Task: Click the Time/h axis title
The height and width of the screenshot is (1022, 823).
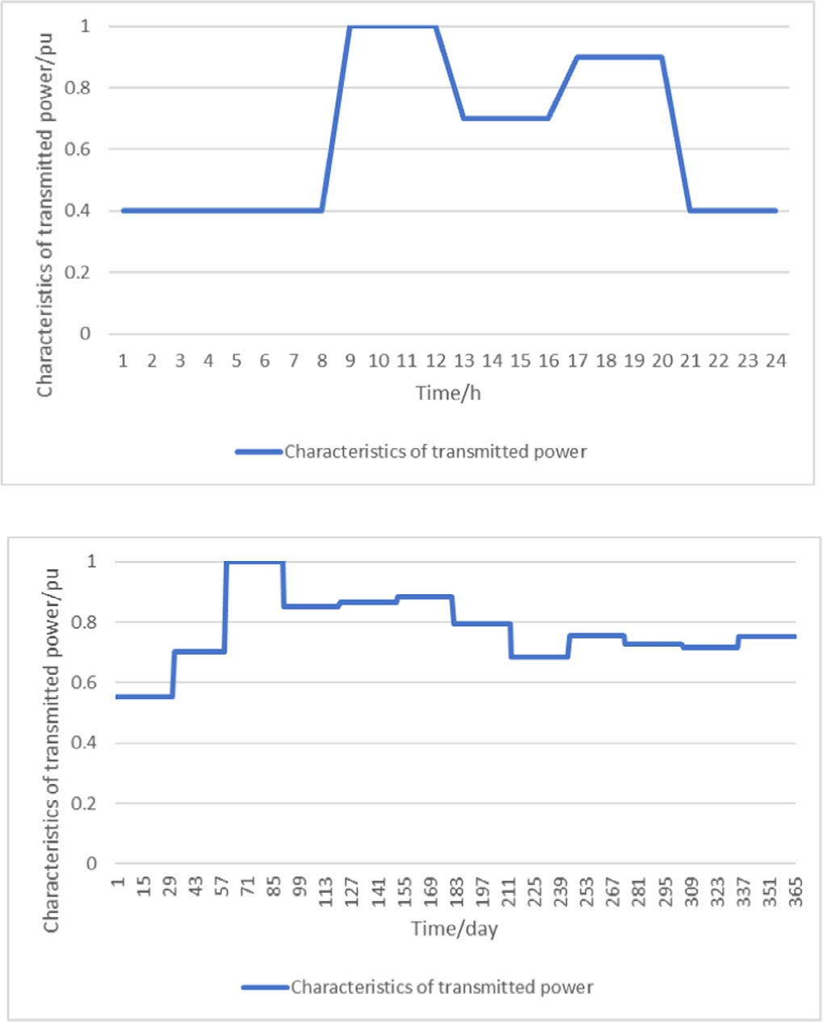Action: (448, 393)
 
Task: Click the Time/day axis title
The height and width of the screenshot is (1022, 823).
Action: (454, 928)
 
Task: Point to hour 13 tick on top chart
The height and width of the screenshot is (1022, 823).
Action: (464, 360)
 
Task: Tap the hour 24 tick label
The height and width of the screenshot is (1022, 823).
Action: (775, 360)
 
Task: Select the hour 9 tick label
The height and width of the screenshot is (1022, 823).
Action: (350, 360)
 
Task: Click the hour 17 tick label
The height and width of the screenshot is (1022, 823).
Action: (577, 360)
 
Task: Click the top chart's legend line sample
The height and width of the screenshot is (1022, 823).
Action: (258, 452)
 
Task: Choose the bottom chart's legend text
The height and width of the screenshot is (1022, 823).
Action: (442, 987)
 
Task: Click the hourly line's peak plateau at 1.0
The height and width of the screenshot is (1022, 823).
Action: (393, 27)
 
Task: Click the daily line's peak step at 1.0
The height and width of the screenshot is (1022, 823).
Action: (254, 562)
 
